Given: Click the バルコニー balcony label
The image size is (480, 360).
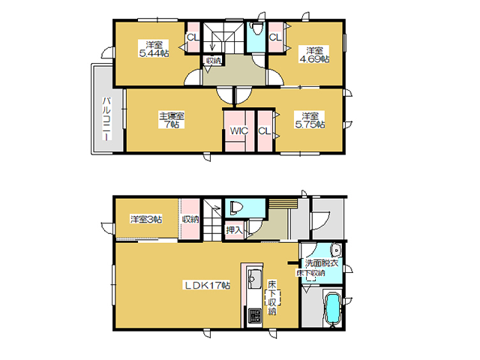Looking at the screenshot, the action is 106,118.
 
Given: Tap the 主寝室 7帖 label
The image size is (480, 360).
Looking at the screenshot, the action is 172,120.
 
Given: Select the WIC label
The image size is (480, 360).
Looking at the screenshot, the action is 238,131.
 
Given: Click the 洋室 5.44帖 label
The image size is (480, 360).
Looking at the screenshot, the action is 154,49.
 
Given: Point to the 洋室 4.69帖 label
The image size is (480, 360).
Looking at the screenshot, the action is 314,55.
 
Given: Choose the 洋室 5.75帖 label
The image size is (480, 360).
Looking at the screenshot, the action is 310,120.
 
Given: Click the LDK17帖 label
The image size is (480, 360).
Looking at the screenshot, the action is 207,285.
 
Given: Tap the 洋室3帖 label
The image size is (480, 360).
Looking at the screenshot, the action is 146,219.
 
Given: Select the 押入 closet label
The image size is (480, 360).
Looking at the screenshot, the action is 234,230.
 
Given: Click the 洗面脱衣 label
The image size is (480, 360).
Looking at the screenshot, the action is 321,263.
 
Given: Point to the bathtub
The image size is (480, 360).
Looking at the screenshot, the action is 333,310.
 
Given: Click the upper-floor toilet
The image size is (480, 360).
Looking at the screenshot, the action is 256,28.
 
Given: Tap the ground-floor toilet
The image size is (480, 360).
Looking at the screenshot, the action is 236,207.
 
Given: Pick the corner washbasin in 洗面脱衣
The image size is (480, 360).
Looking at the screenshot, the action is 337,250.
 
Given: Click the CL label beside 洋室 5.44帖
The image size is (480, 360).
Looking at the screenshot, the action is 193,37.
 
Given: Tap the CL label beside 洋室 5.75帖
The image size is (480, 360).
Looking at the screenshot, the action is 265,131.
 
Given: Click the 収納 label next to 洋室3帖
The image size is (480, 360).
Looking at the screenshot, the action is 190,219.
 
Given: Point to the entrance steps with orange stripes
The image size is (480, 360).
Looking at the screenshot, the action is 283,203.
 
